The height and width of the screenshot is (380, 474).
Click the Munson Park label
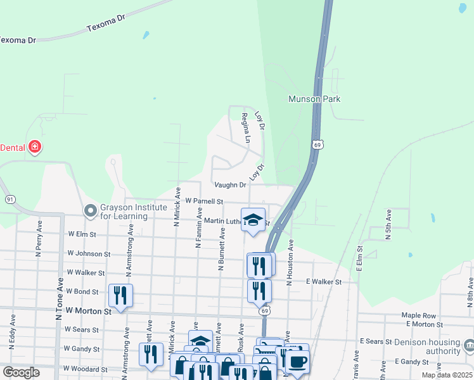[x=314, y=99]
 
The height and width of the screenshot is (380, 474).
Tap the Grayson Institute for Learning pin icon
[x=91, y=209]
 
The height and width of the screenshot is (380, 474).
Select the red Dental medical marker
[x=35, y=148]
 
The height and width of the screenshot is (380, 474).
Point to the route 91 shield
[x=10, y=199]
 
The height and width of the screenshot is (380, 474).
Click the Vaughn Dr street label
[x=229, y=185]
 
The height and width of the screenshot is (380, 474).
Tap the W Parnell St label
[x=204, y=201]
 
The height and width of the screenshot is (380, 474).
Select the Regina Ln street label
[x=245, y=127]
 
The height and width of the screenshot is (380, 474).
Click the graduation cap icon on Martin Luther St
[x=253, y=220]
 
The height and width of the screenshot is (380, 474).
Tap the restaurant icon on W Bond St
[x=119, y=294]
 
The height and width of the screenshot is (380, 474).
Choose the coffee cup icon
[x=297, y=362]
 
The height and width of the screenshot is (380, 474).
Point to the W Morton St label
[x=88, y=311]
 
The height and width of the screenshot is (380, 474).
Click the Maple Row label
[x=419, y=315]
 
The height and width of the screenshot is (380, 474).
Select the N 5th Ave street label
[x=389, y=225]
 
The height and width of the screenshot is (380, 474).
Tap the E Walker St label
[x=323, y=281]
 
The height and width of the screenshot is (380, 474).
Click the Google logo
[x=21, y=372]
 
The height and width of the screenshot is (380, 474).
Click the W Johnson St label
[x=88, y=253]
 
